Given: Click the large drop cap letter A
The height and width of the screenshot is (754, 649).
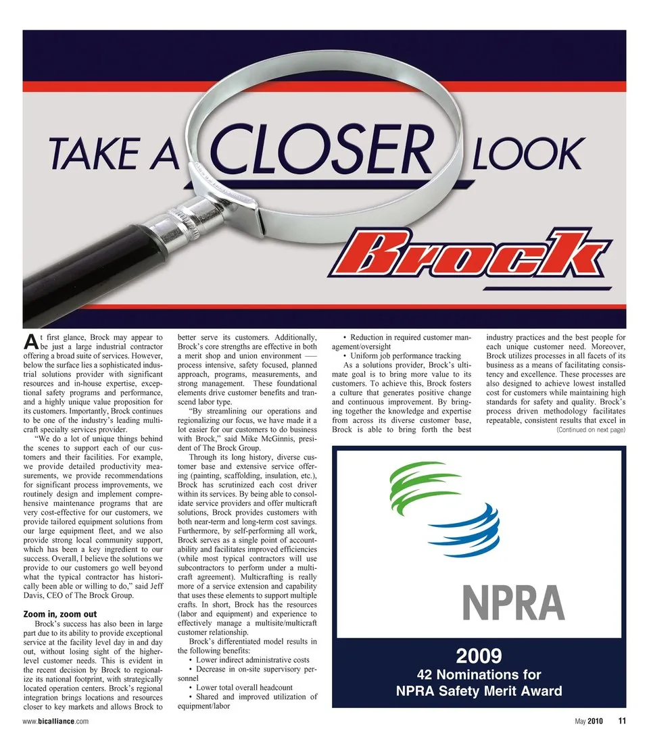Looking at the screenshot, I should (x=30, y=341).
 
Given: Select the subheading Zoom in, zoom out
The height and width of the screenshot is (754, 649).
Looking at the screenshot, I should (x=59, y=613).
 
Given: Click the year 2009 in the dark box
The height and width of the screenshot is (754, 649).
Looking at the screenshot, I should (x=478, y=655).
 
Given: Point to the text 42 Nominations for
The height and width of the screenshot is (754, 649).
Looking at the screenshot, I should (x=478, y=674).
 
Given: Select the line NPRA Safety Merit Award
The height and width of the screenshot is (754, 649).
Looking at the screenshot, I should (x=478, y=690).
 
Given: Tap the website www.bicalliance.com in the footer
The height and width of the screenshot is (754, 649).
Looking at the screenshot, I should (x=55, y=721).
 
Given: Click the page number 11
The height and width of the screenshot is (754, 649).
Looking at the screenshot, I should (x=621, y=720).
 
